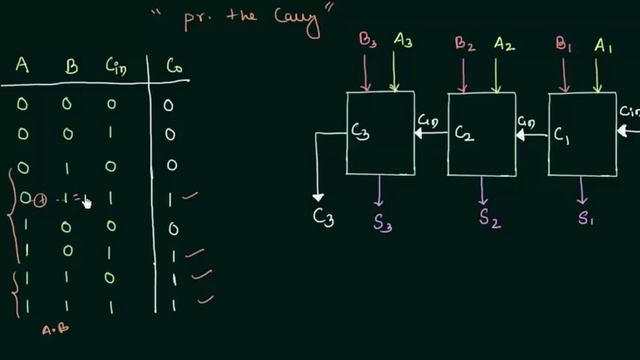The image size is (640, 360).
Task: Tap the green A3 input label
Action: tap(404, 41)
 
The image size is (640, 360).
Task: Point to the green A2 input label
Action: tap(504, 43)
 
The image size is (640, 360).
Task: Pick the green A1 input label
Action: tap(604, 43)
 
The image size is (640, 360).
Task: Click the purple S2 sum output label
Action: tap(488, 217)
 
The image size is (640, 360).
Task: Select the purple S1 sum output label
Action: tap(586, 217)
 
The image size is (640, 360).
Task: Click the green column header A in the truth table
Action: tap(21, 67)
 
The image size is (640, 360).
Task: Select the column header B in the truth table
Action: tap(70, 67)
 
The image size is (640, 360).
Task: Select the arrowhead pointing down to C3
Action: tap(318, 196)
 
